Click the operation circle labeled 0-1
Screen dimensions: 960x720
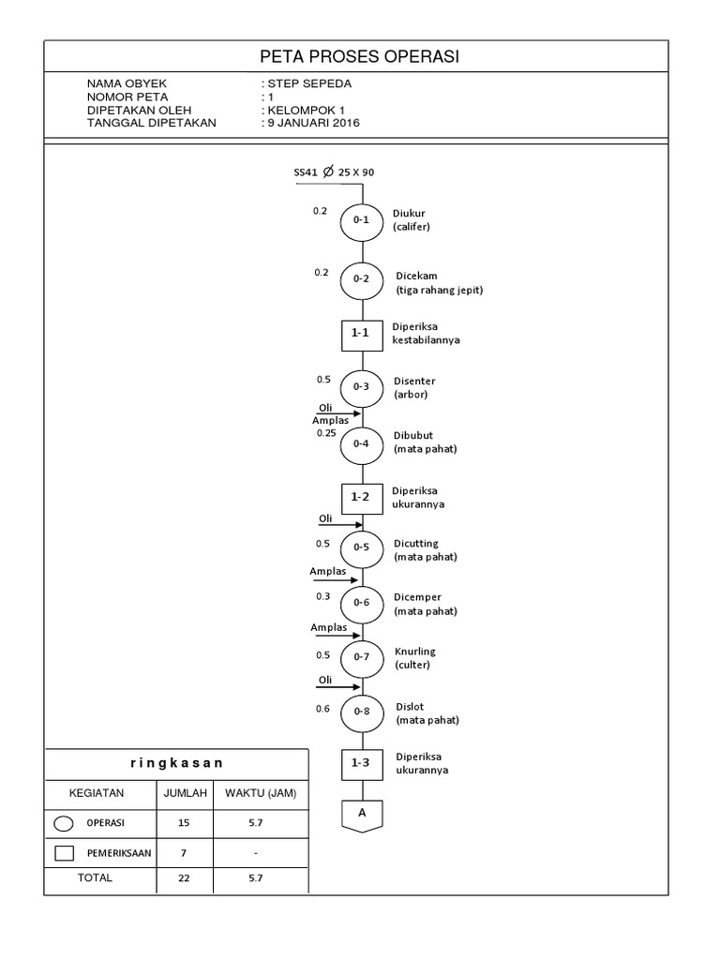click(361, 221)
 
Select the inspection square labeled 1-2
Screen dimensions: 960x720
click(361, 497)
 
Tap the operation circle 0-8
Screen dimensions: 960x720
click(361, 712)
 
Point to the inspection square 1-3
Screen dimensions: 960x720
click(361, 764)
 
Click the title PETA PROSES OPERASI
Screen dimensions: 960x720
click(359, 58)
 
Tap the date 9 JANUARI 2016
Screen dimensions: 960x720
click(316, 123)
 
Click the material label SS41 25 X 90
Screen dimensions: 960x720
click(334, 172)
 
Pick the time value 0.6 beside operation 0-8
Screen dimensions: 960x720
click(322, 709)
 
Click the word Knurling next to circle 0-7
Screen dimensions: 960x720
click(415, 652)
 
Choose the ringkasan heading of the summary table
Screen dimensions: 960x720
click(176, 763)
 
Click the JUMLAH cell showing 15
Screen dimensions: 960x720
click(183, 823)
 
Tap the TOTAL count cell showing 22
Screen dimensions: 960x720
click(183, 878)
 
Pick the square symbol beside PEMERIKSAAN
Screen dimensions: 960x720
click(65, 853)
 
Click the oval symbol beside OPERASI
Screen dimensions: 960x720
click(65, 823)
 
